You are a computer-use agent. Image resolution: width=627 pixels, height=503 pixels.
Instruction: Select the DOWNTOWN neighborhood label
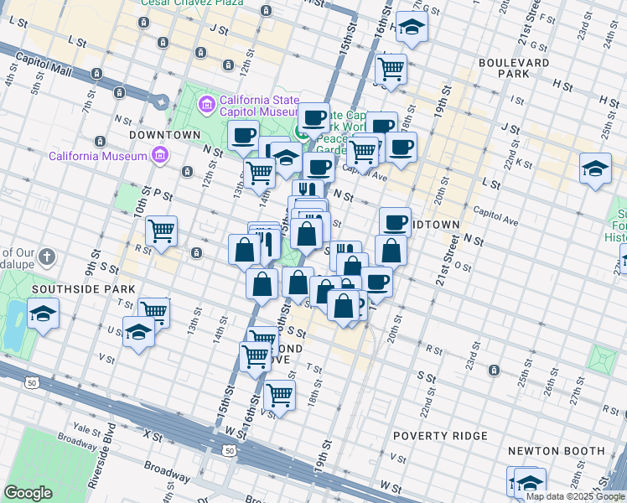click(x=165, y=134)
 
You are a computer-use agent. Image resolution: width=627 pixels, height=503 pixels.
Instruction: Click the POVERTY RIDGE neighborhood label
click(x=440, y=436)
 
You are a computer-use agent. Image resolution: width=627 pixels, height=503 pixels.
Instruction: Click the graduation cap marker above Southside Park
click(x=43, y=315)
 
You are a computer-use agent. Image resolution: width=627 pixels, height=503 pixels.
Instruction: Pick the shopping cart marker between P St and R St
click(x=161, y=230)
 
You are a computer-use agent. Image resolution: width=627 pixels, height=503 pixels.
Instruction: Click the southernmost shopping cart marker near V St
click(x=279, y=394)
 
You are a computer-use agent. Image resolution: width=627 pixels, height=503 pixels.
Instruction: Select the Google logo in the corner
click(x=28, y=493)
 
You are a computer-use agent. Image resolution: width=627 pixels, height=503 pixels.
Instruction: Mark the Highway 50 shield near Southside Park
click(x=31, y=382)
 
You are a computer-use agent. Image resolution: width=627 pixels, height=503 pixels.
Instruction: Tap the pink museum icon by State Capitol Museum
click(x=206, y=104)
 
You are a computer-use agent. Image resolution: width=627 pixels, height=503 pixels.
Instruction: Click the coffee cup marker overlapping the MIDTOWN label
click(x=395, y=222)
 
